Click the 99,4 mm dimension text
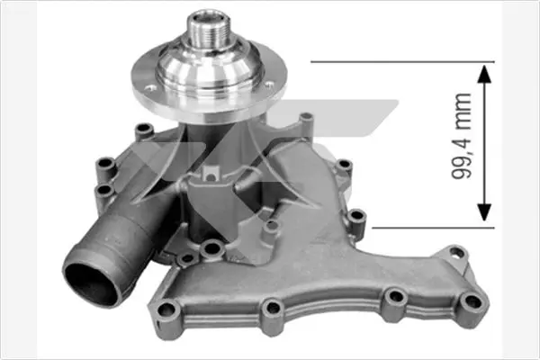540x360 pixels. coord(462,136)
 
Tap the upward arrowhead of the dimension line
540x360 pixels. coord(484,74)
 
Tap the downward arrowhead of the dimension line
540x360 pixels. coord(484,212)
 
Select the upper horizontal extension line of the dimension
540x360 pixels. coord(402,62)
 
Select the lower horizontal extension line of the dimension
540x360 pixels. coord(433,228)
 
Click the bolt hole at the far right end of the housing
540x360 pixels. coord(473,303)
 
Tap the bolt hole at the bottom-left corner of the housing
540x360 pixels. coord(166,310)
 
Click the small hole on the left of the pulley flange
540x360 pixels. coord(150,88)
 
